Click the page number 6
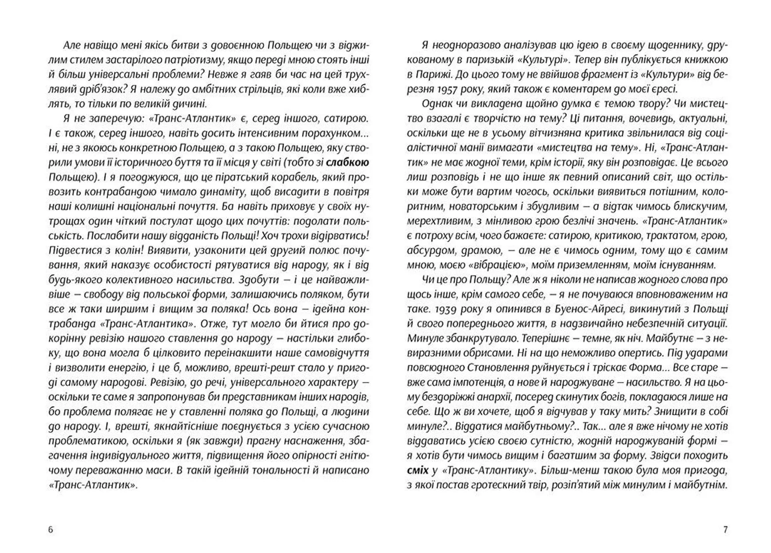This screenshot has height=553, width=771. point(51,530)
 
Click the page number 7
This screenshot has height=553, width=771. point(725,530)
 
